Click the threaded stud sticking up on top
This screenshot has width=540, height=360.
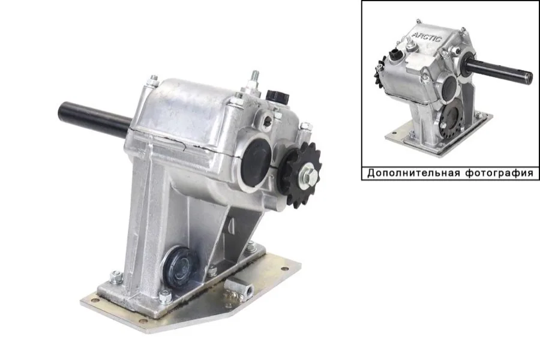coord(255,79)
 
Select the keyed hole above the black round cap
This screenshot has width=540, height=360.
coord(267,119)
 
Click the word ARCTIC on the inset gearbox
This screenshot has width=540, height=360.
coord(427,37)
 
